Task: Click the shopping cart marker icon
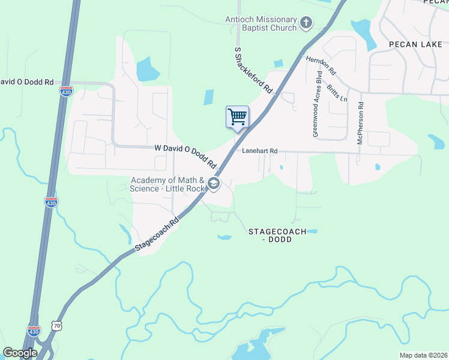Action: tap(238, 116)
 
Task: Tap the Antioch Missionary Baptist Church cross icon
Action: tap(306, 23)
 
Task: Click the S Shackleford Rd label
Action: tap(253, 72)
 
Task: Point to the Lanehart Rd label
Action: tap(260, 151)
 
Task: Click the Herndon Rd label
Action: tap(321, 65)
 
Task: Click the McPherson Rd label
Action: tap(361, 122)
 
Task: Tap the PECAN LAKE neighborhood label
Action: tap(415, 44)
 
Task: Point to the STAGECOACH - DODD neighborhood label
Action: tap(277, 235)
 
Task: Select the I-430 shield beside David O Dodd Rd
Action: tap(66, 91)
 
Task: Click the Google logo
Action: tap(20, 353)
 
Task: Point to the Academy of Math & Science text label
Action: tap(167, 184)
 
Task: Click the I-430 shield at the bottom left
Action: tap(34, 331)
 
